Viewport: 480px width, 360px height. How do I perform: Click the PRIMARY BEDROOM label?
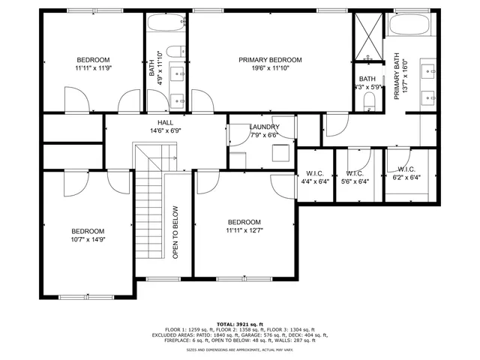(270, 60)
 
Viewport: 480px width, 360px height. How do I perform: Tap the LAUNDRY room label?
(264, 127)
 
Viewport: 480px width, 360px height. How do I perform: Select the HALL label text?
(166, 122)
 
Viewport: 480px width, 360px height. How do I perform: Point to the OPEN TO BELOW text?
(175, 232)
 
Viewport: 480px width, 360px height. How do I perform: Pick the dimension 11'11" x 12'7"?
(244, 232)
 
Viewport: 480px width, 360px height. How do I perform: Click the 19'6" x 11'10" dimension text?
(270, 69)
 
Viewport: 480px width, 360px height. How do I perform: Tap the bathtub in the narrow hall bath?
(166, 22)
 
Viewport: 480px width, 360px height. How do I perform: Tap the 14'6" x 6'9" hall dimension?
(166, 131)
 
